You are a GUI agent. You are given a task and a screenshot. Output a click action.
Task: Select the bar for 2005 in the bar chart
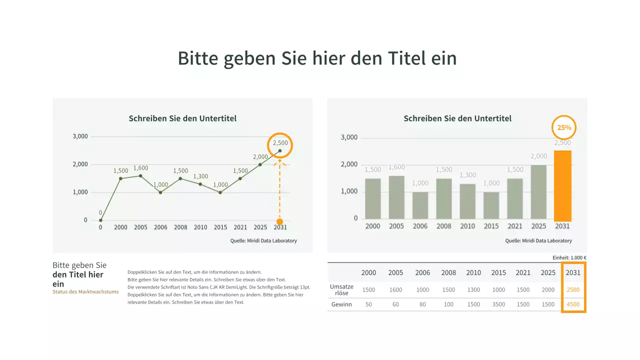(x=396, y=197)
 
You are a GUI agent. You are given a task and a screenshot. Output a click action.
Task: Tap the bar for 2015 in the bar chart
(x=491, y=205)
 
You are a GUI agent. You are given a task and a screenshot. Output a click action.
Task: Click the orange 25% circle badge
(x=564, y=127)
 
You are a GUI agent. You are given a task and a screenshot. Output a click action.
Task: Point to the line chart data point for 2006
(x=160, y=192)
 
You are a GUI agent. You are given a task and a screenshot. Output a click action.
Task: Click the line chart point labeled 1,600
(x=140, y=175)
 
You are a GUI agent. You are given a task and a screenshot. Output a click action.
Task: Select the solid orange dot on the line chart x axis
(x=279, y=221)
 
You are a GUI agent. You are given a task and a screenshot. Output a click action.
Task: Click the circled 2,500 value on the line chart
(x=280, y=144)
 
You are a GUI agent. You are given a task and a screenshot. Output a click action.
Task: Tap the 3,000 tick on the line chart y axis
(x=80, y=136)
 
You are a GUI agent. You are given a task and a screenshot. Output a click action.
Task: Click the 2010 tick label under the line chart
(x=200, y=227)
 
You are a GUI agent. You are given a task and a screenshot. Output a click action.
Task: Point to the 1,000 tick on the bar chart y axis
(x=349, y=191)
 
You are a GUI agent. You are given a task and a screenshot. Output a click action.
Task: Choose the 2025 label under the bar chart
(x=538, y=226)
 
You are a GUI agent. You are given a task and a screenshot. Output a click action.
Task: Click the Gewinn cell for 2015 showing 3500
(x=498, y=304)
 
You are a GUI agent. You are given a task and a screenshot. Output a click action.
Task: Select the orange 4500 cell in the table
(x=573, y=304)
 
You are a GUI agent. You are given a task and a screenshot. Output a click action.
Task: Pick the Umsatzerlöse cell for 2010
(x=473, y=290)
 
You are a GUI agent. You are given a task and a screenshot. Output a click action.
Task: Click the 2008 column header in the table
(x=448, y=272)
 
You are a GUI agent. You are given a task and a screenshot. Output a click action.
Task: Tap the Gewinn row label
(x=341, y=304)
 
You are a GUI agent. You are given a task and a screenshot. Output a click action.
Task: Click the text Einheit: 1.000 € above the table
(x=569, y=258)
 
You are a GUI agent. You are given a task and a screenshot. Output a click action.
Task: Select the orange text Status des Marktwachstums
(x=85, y=292)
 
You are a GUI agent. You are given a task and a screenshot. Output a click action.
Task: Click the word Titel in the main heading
(x=407, y=58)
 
